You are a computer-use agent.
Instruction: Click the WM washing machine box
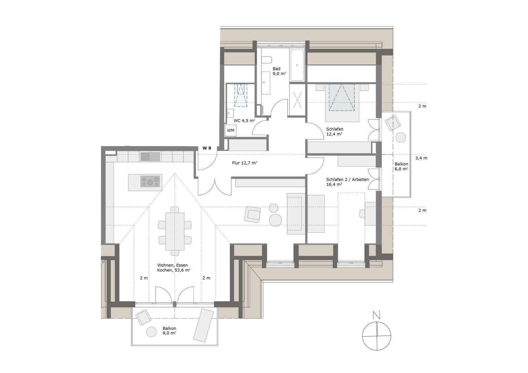(231, 130)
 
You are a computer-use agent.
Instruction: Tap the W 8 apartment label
(207, 148)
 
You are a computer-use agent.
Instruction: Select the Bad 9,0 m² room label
(279, 71)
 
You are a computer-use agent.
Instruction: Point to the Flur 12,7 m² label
(245, 163)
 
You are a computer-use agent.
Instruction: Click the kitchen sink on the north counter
(146, 157)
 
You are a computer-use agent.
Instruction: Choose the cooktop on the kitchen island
(150, 181)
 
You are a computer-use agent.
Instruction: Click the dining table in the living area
(175, 231)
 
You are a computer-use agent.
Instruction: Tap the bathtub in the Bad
(297, 65)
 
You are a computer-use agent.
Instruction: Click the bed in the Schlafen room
(342, 103)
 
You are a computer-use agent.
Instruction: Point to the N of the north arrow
(376, 315)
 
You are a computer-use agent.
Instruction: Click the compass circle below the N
(377, 336)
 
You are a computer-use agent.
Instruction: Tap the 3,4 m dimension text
(421, 158)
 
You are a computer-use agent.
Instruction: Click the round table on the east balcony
(401, 137)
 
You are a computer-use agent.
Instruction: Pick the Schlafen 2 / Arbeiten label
(347, 182)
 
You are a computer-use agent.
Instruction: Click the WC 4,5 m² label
(244, 121)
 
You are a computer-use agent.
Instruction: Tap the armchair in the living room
(253, 214)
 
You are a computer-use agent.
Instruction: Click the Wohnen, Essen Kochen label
(174, 267)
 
